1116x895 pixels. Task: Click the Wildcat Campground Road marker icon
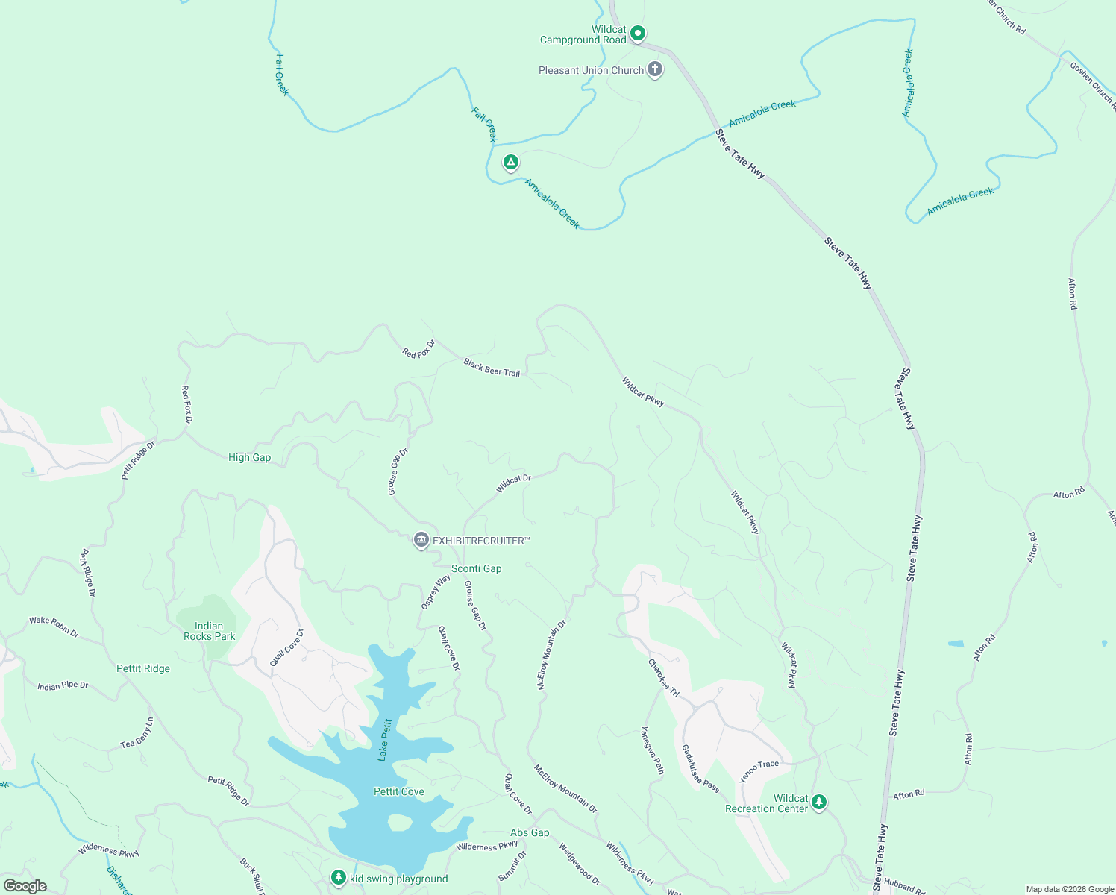[637, 33]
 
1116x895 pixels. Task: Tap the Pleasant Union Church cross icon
[654, 70]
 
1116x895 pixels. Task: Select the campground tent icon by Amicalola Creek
[510, 162]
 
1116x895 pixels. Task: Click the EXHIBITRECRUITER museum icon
[421, 540]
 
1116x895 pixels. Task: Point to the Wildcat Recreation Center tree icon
[819, 802]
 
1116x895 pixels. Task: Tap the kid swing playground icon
[339, 877]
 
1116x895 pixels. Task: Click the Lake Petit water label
[385, 739]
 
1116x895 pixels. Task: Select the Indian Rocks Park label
[209, 632]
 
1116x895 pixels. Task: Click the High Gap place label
[249, 457]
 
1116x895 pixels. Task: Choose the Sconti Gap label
[476, 568]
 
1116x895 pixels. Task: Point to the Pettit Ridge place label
[143, 668]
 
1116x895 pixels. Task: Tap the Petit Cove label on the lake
[398, 791]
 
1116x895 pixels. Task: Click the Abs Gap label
[530, 832]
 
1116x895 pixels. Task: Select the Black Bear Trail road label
[492, 367]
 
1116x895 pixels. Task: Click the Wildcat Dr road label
[513, 483]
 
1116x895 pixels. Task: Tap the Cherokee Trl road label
[663, 678]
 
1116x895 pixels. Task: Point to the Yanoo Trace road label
[759, 770]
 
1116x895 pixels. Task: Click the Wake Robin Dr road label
[54, 625]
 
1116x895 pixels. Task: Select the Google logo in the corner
[25, 886]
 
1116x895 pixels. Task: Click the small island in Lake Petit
[400, 822]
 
